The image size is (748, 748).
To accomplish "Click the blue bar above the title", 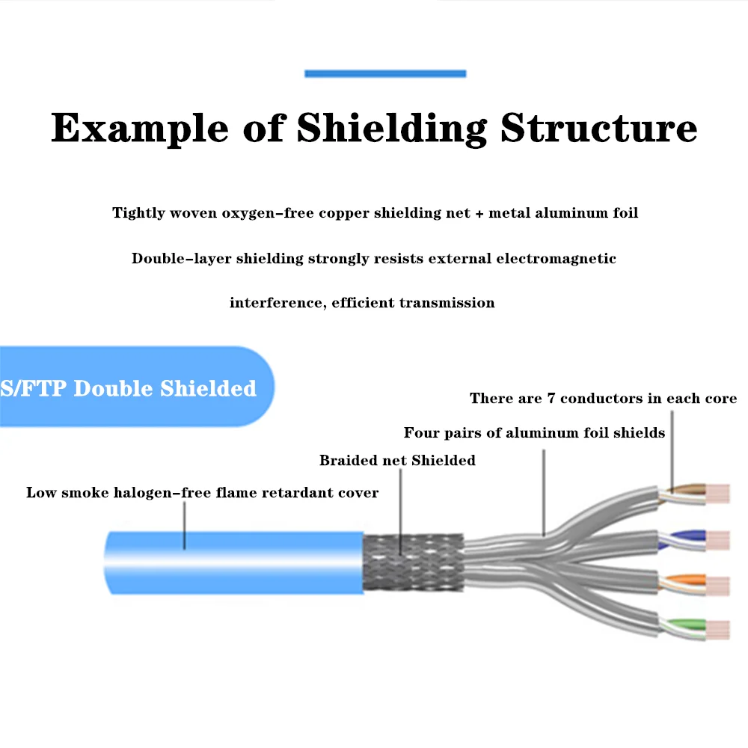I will point(385,73).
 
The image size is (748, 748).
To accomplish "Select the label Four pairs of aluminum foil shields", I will point(534,433).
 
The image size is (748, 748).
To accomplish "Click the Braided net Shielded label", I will point(397,461).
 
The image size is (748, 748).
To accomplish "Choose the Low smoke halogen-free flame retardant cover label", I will point(202,493).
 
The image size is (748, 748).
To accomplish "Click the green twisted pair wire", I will point(681,628).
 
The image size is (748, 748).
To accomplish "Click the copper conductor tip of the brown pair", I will point(718,494).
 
